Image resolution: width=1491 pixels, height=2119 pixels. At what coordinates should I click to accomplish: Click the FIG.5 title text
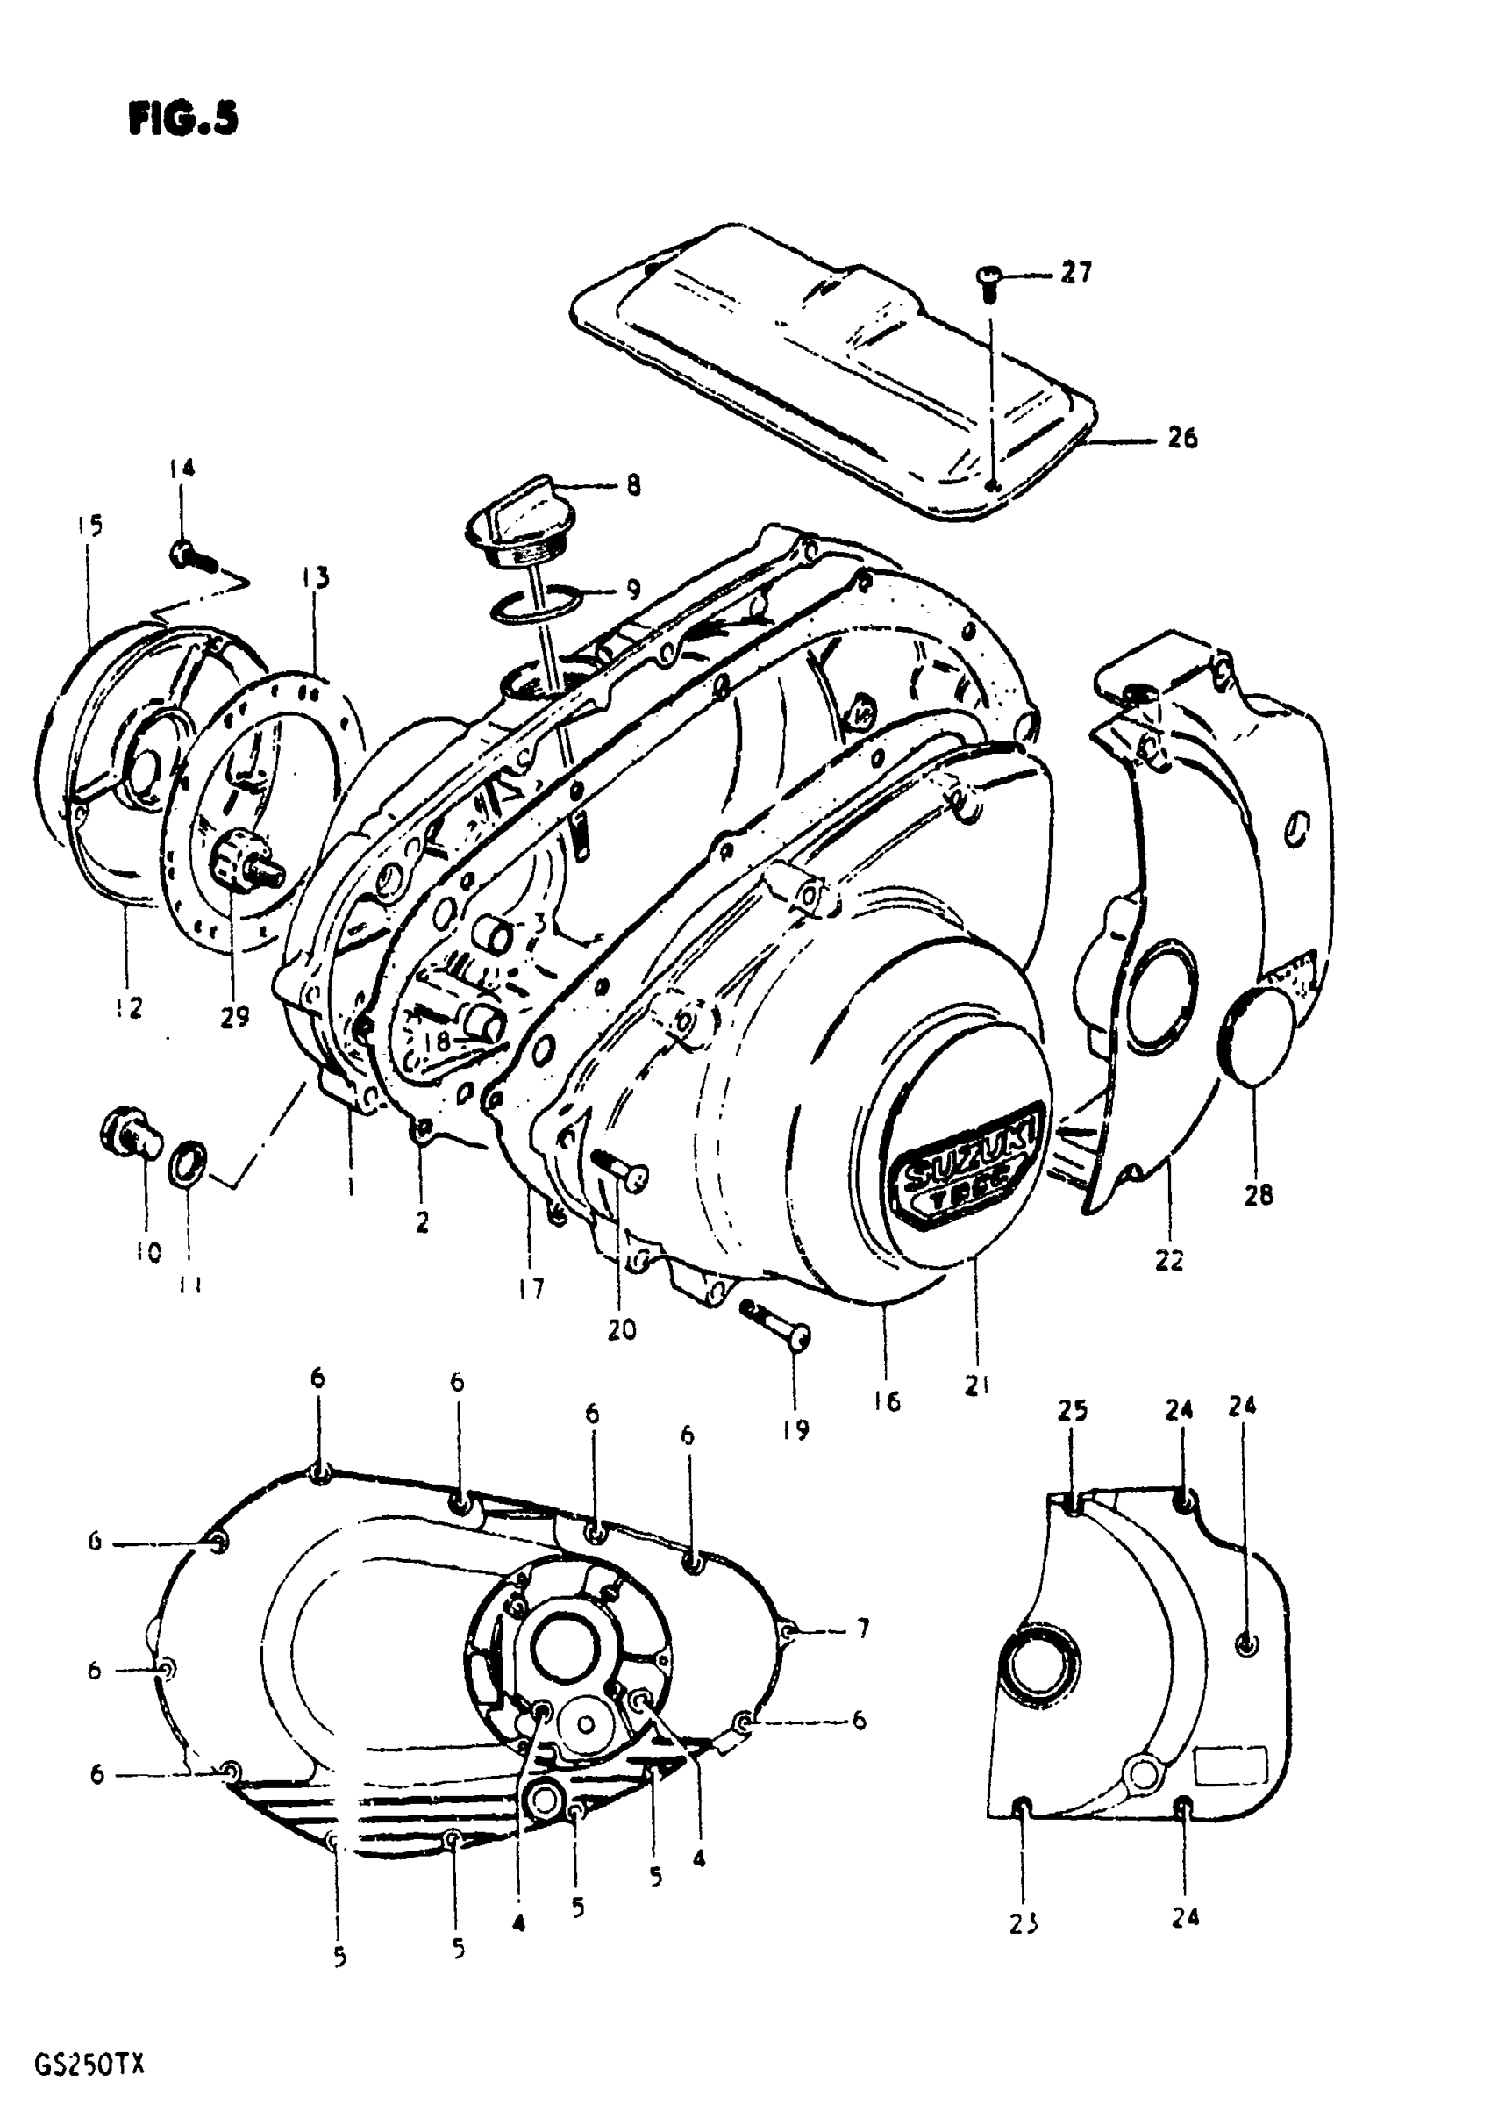pos(183,119)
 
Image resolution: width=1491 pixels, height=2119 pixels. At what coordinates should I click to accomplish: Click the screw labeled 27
pos(988,278)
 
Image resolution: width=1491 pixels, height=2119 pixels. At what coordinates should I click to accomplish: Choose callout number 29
pos(234,1017)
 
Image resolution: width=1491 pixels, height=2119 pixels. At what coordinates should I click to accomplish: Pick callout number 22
pos(1169,1260)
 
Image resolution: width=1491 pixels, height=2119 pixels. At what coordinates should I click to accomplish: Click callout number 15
pos(89,526)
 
